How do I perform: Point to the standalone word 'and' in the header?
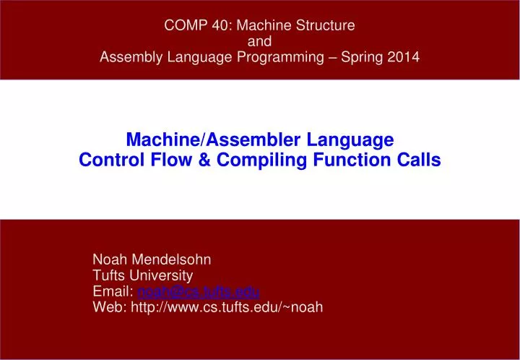click(259, 42)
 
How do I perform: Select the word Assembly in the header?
click(126, 58)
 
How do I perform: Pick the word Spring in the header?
click(355, 58)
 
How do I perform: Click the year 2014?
click(402, 58)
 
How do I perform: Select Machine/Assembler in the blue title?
click(198, 139)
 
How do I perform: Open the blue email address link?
click(198, 291)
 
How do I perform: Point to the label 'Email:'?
click(113, 291)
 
